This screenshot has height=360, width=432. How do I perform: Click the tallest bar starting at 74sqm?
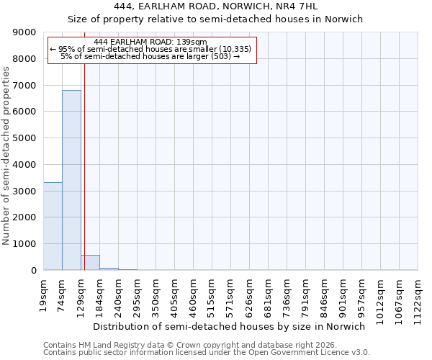tap(71, 180)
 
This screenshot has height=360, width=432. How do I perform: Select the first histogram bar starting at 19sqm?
tap(53, 226)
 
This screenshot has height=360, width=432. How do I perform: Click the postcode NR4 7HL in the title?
tap(288, 6)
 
